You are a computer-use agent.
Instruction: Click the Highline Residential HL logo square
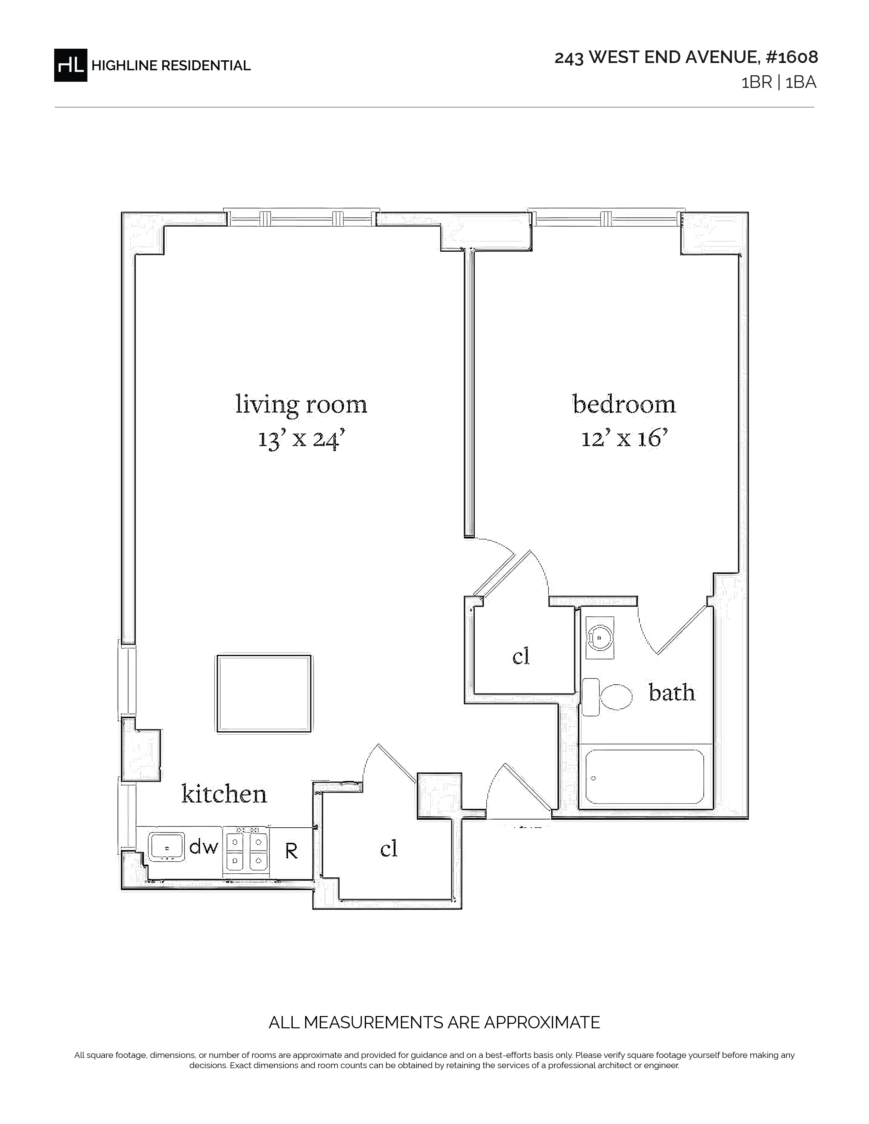[71, 65]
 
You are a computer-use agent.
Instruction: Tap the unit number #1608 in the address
[792, 57]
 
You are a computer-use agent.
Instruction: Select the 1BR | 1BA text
[778, 83]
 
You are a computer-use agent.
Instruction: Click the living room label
[301, 405]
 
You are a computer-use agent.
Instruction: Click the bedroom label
[624, 405]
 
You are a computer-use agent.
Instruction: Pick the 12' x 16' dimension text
[624, 439]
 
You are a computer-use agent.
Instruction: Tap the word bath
[672, 693]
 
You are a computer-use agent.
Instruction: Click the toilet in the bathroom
[607, 697]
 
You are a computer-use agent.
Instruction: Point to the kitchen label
[225, 794]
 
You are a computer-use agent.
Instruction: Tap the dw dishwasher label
[204, 847]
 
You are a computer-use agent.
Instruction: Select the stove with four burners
[246, 851]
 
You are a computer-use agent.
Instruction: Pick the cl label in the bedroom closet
[521, 656]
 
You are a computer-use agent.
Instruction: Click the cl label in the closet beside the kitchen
[389, 849]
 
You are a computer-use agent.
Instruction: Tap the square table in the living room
[264, 693]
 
